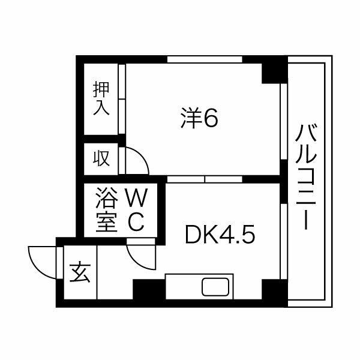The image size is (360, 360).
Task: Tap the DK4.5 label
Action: coord(220,235)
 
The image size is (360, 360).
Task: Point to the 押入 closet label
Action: coord(101,99)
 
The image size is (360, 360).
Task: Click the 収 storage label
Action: coord(101,159)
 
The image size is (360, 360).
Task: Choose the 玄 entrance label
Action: coord(79,274)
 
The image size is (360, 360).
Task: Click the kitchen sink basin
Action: coord(214,287)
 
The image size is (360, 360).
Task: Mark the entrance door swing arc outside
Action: coord(39,259)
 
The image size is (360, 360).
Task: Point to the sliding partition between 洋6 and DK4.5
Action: coord(204,179)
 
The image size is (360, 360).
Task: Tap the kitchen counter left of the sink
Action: coord(182,287)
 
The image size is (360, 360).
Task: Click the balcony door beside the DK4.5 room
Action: coord(281,234)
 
